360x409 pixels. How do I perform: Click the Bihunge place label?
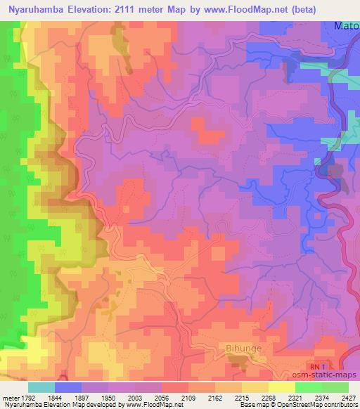[244, 347]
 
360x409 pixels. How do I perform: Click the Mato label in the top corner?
[347, 26]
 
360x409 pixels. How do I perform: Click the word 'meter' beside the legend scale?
[10, 397]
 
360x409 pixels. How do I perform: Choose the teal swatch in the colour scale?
[41, 387]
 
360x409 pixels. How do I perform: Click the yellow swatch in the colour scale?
[281, 387]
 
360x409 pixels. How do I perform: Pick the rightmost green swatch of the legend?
[335, 387]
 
